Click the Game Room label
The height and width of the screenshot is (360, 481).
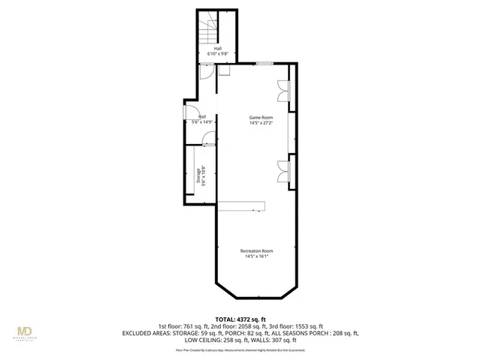[x=261, y=117]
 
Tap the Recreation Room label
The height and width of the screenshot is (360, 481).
[x=256, y=250]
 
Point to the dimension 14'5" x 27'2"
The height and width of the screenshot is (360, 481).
[x=261, y=123]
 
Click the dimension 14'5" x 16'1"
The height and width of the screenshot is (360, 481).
[x=256, y=256]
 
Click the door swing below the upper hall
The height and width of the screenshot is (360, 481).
[x=206, y=72]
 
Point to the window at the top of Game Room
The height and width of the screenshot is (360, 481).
[x=264, y=64]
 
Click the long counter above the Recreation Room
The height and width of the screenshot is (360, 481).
[x=244, y=206]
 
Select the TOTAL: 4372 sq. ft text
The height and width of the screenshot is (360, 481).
[x=241, y=319]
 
